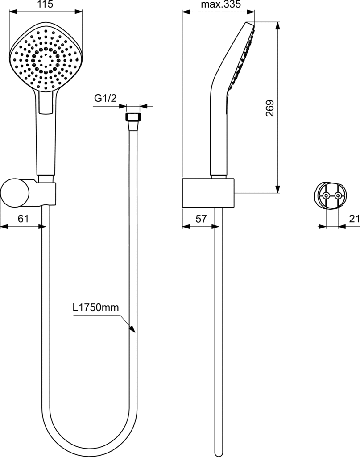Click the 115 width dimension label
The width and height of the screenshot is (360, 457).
pyautogui.click(x=46, y=4)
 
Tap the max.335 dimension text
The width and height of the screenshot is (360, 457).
pyautogui.click(x=221, y=4)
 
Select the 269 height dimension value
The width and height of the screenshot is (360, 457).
pyautogui.click(x=270, y=108)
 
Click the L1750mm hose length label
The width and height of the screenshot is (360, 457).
pyautogui.click(x=96, y=307)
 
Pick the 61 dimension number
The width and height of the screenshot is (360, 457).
pyautogui.click(x=23, y=218)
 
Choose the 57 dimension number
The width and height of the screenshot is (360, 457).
pyautogui.click(x=201, y=219)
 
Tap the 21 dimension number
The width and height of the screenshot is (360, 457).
pyautogui.click(x=355, y=219)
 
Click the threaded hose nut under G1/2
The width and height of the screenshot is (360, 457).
pyautogui.click(x=133, y=117)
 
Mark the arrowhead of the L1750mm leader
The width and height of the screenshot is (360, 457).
pyautogui.click(x=133, y=329)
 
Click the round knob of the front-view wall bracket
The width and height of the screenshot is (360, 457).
pyautogui.click(x=15, y=193)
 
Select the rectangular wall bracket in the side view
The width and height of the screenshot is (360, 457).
pyautogui.click(x=208, y=192)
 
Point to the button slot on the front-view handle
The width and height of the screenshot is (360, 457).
pyautogui.click(x=46, y=103)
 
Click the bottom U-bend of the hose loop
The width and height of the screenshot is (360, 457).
pyautogui.click(x=89, y=444)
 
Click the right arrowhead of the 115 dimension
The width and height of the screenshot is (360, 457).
pyautogui.click(x=79, y=12)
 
